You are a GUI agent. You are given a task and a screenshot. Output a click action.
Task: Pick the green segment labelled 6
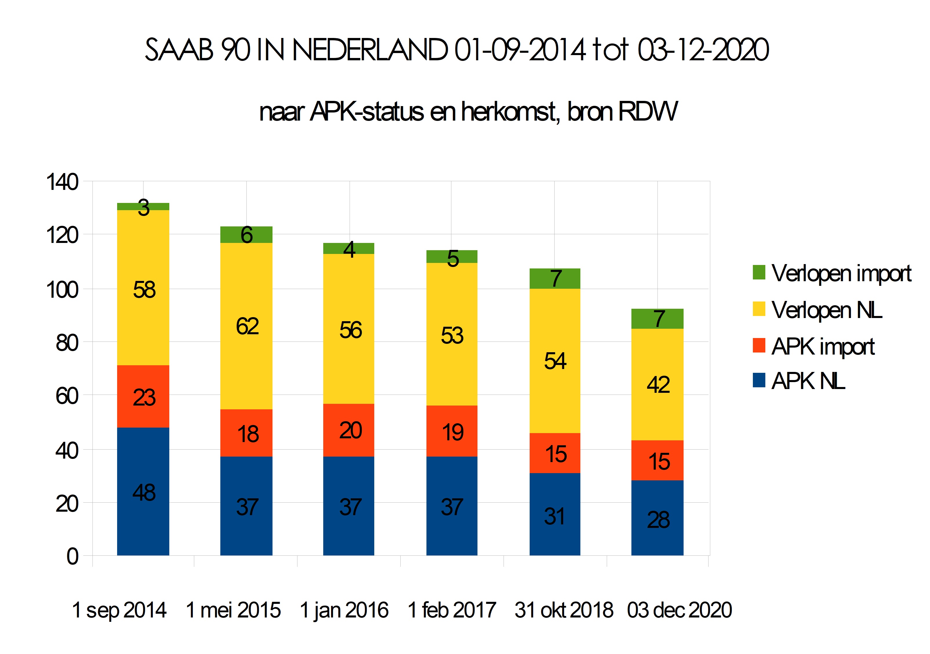point(246,235)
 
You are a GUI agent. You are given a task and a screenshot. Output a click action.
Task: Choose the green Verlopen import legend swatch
point(759,272)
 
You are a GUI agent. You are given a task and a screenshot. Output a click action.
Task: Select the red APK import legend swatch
point(759,346)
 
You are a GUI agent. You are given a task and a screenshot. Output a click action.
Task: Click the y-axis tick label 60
point(67,396)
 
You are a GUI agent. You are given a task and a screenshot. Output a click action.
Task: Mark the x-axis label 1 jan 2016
point(344,610)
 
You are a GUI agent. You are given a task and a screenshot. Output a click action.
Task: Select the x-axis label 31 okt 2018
point(564,610)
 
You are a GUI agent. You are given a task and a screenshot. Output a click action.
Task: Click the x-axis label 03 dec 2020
point(679,610)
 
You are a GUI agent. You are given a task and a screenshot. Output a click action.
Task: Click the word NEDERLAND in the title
point(370,50)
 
